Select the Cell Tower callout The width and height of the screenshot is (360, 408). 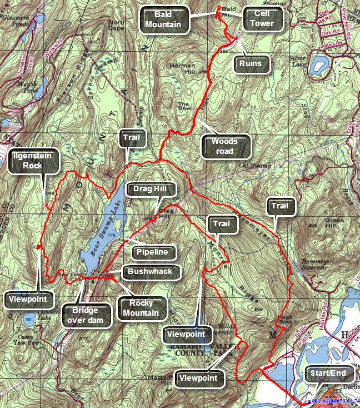263,18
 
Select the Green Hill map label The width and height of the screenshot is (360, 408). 333,223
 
